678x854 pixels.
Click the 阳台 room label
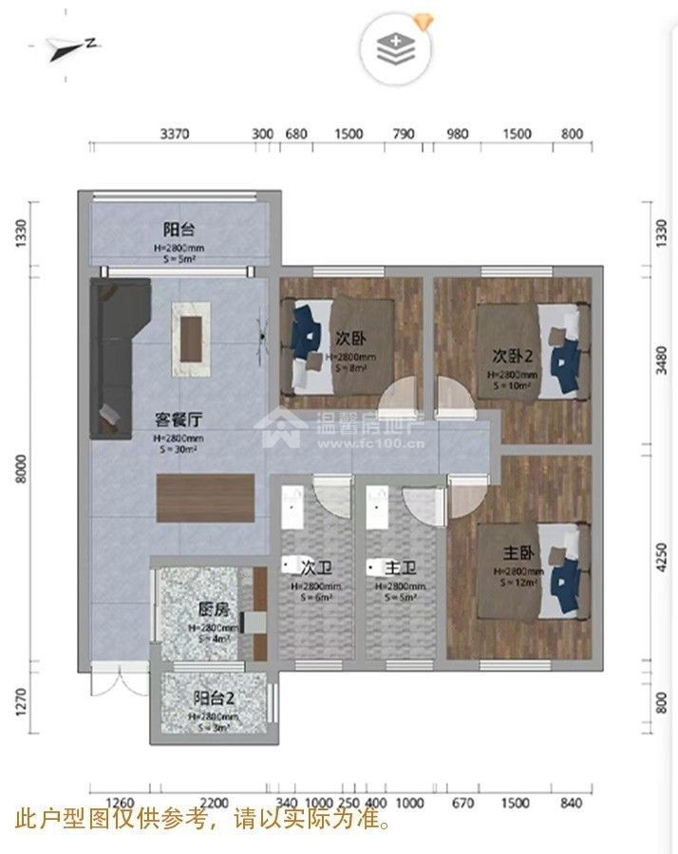pyautogui.click(x=179, y=229)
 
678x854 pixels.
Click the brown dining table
pyautogui.click(x=206, y=497)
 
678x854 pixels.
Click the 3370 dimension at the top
pyautogui.click(x=175, y=134)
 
